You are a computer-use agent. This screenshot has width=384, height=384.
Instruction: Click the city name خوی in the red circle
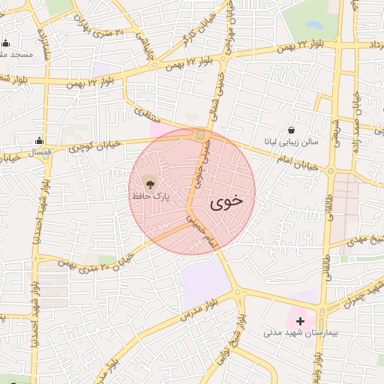click(x=226, y=201)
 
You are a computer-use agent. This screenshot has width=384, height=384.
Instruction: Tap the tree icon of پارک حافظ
click(x=148, y=183)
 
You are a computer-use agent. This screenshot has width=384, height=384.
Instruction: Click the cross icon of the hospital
click(x=301, y=320)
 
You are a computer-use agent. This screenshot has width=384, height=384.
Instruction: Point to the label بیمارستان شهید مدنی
click(x=301, y=331)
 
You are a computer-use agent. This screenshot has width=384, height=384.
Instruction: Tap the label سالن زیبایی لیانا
click(x=289, y=141)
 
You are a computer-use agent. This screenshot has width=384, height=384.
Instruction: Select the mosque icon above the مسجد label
click(x=6, y=43)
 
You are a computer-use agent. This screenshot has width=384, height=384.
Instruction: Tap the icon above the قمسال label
click(x=39, y=140)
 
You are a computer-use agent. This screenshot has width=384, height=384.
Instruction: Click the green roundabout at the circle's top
click(x=200, y=135)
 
